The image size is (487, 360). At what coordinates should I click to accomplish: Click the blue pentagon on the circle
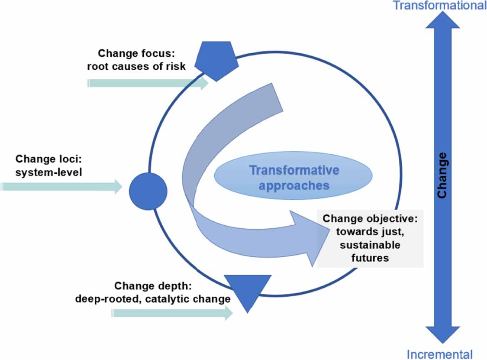coord(216,61)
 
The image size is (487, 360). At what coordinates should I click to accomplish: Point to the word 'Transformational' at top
coord(439,6)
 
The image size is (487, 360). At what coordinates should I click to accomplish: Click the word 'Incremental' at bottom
coord(439,354)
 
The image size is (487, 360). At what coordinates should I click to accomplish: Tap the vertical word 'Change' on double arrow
coord(442,175)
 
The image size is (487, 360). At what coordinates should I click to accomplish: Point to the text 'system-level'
coord(48,172)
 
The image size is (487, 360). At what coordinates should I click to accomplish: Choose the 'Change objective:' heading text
coord(370,218)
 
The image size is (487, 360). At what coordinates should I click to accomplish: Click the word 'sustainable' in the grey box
coord(370,245)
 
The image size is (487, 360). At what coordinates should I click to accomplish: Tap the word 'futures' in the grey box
coord(370,258)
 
